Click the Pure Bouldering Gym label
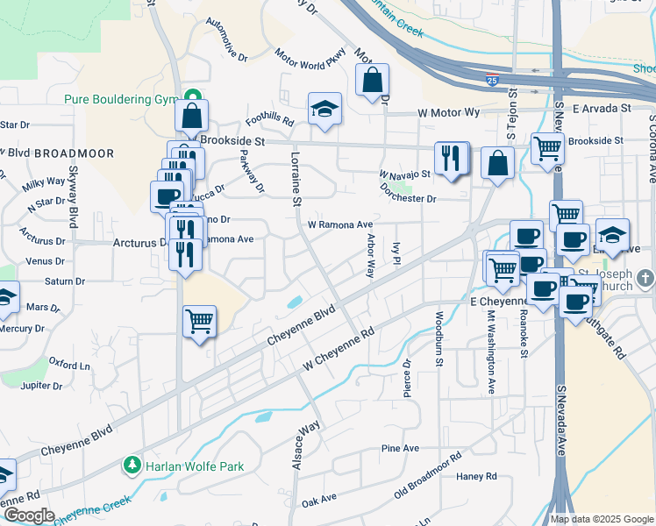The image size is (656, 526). tap(120, 99)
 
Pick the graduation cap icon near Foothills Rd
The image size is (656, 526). tap(324, 110)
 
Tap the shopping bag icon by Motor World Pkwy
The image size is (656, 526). tap(373, 81)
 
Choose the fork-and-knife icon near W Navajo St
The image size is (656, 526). tap(451, 159)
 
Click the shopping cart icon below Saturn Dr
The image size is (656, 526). tap(200, 322)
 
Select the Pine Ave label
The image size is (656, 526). tap(400, 449)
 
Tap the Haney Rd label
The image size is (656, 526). tap(477, 476)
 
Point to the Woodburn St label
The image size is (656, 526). tap(439, 337)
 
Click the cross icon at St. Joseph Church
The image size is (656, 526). tap(645, 278)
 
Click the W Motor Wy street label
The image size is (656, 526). tap(449, 112)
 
